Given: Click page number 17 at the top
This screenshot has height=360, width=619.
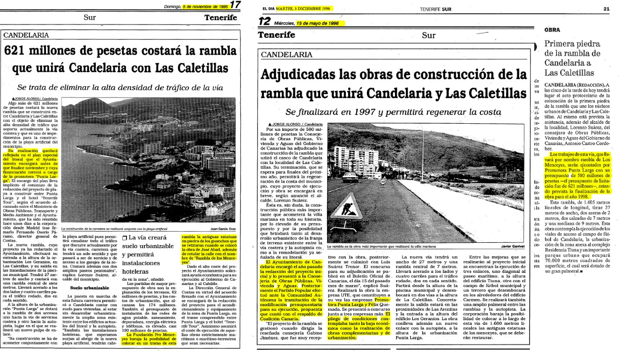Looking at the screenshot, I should click(236, 5).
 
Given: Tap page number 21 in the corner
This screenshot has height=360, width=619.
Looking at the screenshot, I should click(607, 8).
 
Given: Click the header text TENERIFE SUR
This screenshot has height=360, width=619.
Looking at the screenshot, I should click(435, 8).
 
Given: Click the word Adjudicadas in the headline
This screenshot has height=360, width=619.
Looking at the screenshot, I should click(305, 75).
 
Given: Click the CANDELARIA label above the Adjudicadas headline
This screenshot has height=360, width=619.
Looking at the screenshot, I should click(288, 55).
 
